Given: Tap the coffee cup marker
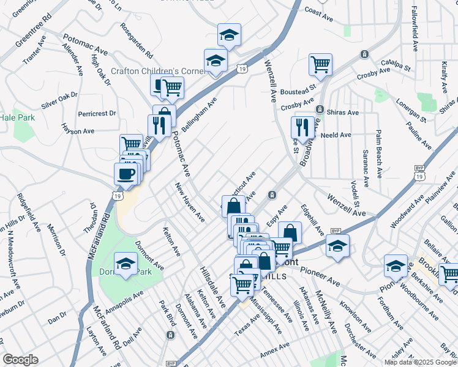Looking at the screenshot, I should (126, 174).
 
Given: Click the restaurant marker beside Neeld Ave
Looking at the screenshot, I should (302, 128).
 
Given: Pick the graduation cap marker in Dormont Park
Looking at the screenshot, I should (126, 264).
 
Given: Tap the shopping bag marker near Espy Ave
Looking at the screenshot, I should (290, 232).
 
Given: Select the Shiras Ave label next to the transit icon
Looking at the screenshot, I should (344, 113).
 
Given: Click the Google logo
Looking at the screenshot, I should (20, 360).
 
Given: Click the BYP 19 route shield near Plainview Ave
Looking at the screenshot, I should (419, 172).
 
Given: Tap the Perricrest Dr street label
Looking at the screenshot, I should (97, 114).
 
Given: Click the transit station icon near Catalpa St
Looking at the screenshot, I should (364, 54).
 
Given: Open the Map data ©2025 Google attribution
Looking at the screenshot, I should (421, 362).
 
